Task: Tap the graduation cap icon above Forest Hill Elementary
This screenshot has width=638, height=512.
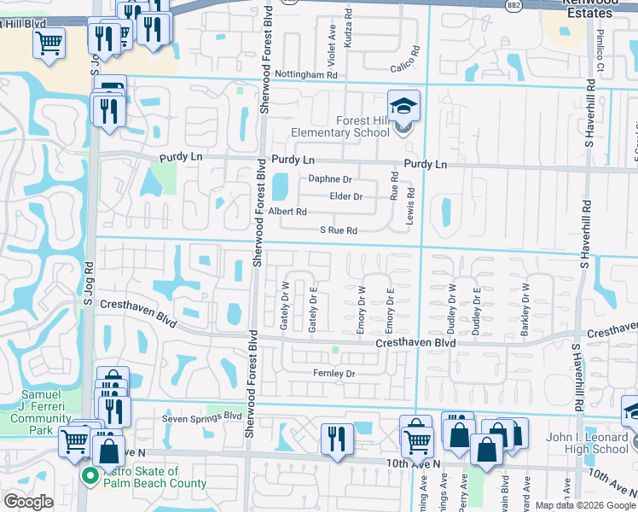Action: tap(403, 106)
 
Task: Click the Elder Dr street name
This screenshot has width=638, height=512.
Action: tap(345, 197)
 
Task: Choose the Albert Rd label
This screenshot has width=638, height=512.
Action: tap(287, 212)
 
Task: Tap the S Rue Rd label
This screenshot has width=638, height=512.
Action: tap(338, 230)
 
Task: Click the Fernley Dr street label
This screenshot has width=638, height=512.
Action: tap(333, 374)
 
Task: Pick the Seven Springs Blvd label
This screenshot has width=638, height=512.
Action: tap(202, 416)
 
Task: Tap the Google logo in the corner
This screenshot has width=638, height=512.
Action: tap(28, 502)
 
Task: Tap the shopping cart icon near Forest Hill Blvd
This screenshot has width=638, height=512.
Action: tap(49, 42)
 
